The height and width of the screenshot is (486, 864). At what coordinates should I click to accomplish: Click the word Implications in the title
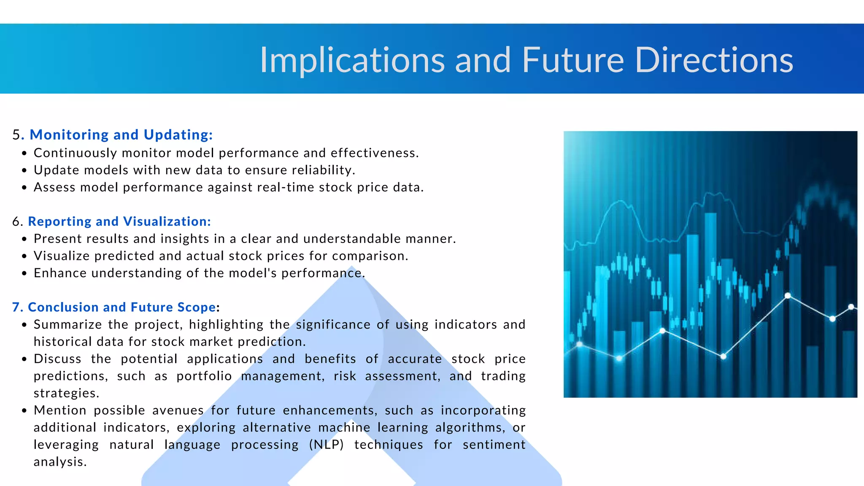coord(352,60)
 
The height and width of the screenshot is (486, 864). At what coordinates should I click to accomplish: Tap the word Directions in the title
coord(713,60)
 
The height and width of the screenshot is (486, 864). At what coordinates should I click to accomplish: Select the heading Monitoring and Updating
coord(121,135)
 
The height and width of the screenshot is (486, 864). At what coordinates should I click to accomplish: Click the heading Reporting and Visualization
coord(119,221)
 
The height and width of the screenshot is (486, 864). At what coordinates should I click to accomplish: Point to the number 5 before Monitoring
coord(16,135)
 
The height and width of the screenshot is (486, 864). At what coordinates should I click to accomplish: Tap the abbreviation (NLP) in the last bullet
coord(326,445)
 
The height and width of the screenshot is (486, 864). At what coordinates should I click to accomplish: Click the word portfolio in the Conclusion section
coord(204,376)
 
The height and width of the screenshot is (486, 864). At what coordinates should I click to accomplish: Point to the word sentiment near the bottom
coord(494,445)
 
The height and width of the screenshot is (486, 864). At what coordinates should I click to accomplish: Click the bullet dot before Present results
coord(24,239)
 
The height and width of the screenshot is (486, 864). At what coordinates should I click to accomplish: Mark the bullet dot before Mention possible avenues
coord(24,410)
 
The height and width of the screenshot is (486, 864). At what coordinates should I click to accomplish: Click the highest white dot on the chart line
coord(787,295)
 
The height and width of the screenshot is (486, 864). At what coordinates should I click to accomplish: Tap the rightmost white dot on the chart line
coord(851,307)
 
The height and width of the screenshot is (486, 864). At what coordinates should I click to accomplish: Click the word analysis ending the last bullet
coord(59,462)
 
